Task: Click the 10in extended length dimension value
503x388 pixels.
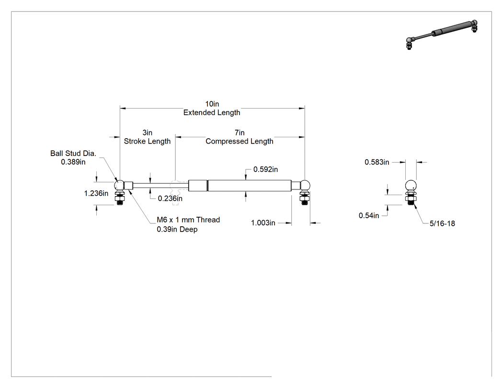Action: pos(212,104)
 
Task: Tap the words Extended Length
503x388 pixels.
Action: pos(212,112)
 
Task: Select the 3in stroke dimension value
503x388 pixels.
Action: pos(147,133)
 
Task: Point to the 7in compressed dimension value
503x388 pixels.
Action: pos(240,133)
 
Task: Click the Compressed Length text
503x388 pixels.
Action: pos(240,141)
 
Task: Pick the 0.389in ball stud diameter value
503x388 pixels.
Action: pos(73,162)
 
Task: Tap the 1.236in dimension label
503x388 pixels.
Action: pos(96,193)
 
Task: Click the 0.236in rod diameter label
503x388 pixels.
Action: pos(170,199)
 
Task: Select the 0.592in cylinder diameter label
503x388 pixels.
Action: pos(265,169)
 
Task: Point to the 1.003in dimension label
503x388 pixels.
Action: pos(263,222)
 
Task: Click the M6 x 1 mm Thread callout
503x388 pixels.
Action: pos(188,220)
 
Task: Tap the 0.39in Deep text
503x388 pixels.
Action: pos(177,230)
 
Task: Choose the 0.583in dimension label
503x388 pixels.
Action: pos(377,162)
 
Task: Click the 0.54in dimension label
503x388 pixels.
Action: pos(369,216)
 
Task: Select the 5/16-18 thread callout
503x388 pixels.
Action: pos(442,223)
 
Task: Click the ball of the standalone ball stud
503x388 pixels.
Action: pos(411,186)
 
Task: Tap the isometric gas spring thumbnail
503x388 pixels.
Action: pos(442,35)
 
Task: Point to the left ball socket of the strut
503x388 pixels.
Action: pos(119,185)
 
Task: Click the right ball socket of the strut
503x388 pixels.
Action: pos(305,185)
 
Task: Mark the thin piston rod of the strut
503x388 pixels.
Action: pos(160,186)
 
